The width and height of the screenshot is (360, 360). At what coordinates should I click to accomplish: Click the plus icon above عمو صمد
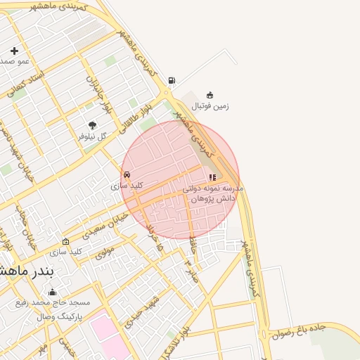point(14,51)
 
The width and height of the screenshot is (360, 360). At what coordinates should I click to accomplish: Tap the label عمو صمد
point(14,61)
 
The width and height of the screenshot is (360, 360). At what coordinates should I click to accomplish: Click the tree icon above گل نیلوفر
point(92,125)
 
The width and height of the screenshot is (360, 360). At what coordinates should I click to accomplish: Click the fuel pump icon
point(172,80)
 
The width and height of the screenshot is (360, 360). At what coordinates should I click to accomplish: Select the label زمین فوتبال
point(210,106)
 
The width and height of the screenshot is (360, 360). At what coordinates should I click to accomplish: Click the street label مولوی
point(104,252)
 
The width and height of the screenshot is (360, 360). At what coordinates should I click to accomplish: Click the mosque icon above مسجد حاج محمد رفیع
point(51,292)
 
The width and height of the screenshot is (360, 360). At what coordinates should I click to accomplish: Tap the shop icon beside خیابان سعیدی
point(66,241)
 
